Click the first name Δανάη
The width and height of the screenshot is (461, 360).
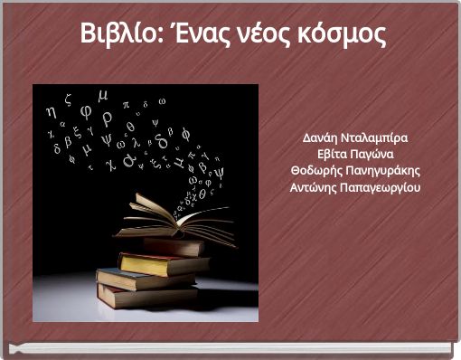point(321,138)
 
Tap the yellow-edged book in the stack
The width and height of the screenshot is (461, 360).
point(163,263)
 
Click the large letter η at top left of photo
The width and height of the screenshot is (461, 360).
point(50,110)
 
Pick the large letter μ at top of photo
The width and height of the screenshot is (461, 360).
point(102,94)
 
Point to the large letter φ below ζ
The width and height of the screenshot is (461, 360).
point(86,112)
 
